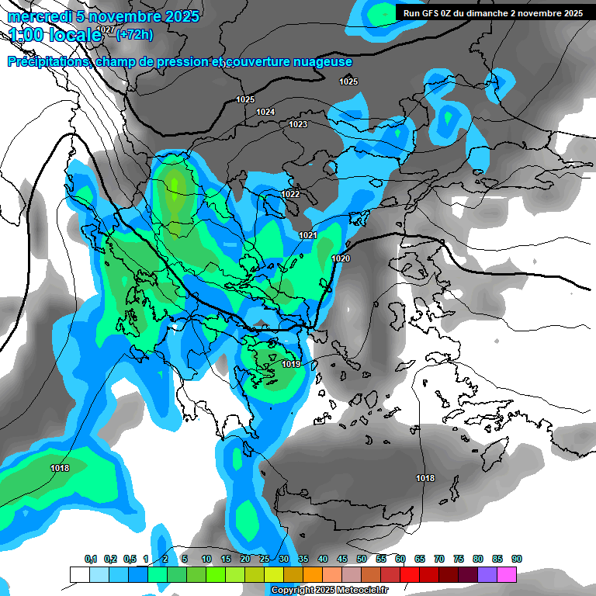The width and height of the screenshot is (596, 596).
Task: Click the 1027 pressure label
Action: click(x=107, y=29)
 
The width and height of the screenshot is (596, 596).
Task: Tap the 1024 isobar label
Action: click(x=265, y=112)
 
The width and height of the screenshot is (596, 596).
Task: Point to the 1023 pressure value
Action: click(x=298, y=124)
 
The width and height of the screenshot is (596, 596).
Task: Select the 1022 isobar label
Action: click(x=290, y=194)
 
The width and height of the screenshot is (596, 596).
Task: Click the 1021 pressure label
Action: click(x=307, y=235)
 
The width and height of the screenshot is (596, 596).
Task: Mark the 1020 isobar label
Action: click(x=340, y=258)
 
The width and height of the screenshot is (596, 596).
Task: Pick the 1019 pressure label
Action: click(x=291, y=364)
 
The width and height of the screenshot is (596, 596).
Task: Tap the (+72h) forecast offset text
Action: click(x=135, y=34)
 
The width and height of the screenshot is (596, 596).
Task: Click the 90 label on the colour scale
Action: click(x=516, y=559)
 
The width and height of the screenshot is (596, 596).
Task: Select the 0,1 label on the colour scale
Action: click(x=91, y=559)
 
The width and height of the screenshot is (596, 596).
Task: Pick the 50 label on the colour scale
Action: click(x=362, y=559)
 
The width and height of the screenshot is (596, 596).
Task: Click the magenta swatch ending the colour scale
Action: click(x=507, y=575)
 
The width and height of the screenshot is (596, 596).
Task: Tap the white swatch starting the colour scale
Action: click(x=79, y=575)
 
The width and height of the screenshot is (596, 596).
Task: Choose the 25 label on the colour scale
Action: click(x=265, y=559)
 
